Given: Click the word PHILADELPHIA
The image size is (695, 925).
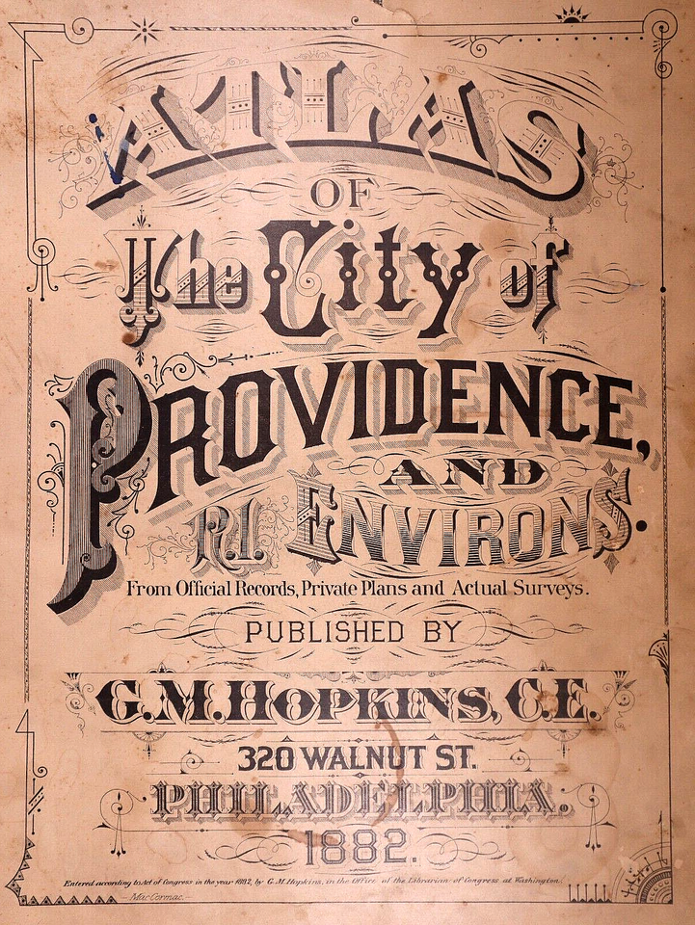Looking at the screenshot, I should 353,799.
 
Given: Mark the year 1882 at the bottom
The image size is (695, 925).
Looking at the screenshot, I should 353,848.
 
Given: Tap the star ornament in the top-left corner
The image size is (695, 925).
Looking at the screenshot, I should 147,30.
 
